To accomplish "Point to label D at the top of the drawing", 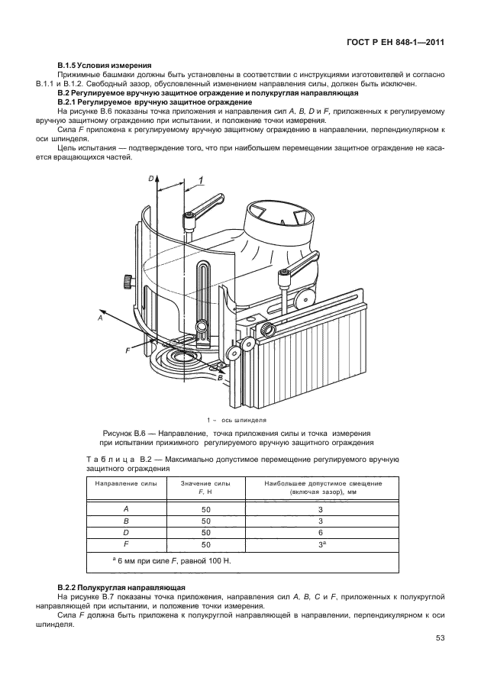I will tap(151, 179).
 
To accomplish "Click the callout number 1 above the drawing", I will tap(200, 180).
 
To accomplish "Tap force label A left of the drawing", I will tap(100, 319).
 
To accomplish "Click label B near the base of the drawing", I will tap(220, 378).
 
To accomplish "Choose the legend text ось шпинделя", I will tap(244, 420).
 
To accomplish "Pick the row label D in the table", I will tap(126, 532).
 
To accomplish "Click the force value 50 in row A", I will tap(205, 508).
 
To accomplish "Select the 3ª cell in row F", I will tap(321, 544).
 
